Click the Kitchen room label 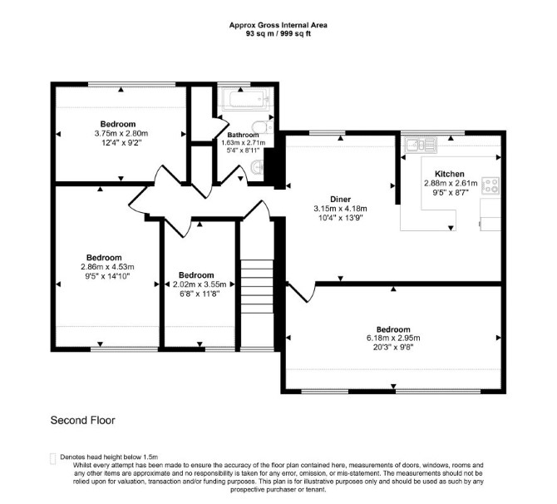[450, 174]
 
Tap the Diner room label [340, 200]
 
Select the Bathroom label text [243, 135]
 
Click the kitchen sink [421, 145]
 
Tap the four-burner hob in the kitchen [490, 185]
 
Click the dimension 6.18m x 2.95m [393, 338]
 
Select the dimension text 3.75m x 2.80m [121, 134]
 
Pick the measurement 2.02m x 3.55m [200, 284]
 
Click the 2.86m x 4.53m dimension [107, 267]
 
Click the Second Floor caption [83, 420]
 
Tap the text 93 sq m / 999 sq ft [278, 34]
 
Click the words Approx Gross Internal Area [278, 25]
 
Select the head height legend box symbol [53, 458]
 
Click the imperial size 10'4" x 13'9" [340, 218]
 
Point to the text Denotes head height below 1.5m [109, 457]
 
